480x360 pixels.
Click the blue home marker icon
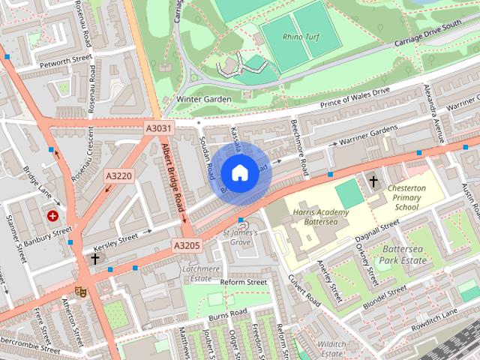(x=239, y=173)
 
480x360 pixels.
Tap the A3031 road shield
(x=158, y=130)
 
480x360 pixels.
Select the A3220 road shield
(x=118, y=175)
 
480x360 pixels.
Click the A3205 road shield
(x=187, y=244)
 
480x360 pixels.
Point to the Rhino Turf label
(x=301, y=37)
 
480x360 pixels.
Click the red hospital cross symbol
(x=53, y=216)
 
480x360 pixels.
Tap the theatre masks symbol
(x=81, y=289)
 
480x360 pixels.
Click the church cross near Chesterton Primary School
(x=373, y=181)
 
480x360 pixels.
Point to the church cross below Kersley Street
(x=95, y=259)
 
